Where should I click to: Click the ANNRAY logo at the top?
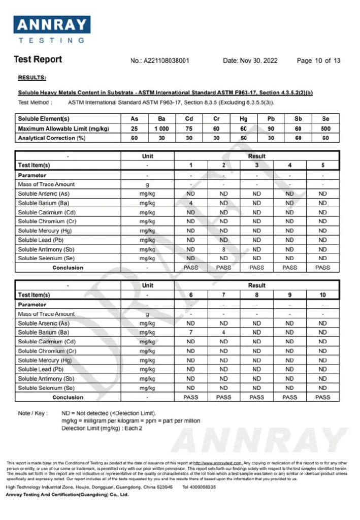click(x=52, y=29)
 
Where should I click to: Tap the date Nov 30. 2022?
click(x=250, y=60)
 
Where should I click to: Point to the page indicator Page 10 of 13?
click(x=318, y=60)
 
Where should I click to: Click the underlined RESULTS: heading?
click(x=32, y=78)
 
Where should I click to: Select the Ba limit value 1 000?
click(x=161, y=129)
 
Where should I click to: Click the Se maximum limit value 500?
click(x=325, y=129)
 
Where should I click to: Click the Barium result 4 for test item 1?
click(x=191, y=203)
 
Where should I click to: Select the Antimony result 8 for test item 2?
click(x=223, y=249)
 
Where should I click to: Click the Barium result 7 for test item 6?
click(x=191, y=333)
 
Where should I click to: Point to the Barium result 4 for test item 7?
click(x=223, y=333)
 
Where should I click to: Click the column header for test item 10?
click(x=323, y=295)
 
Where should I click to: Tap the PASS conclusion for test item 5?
click(x=323, y=268)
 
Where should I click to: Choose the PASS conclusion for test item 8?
click(x=257, y=397)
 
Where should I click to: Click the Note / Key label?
click(x=32, y=413)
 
